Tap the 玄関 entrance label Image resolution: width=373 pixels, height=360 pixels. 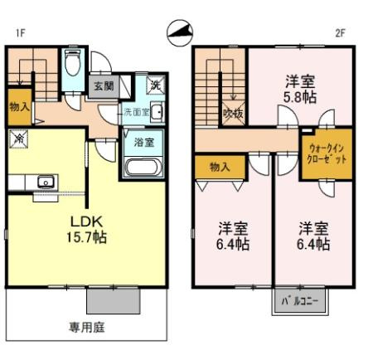pyautogui.click(x=103, y=85)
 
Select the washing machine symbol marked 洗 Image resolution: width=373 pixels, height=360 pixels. pyautogui.click(x=155, y=84)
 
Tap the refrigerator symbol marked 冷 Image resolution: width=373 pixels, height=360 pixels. pyautogui.click(x=18, y=140)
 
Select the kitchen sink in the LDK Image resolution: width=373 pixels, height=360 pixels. pyautogui.click(x=45, y=181)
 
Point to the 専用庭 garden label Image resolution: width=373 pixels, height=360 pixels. pyautogui.click(x=86, y=327)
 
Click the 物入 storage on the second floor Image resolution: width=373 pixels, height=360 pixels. pyautogui.click(x=220, y=168)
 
